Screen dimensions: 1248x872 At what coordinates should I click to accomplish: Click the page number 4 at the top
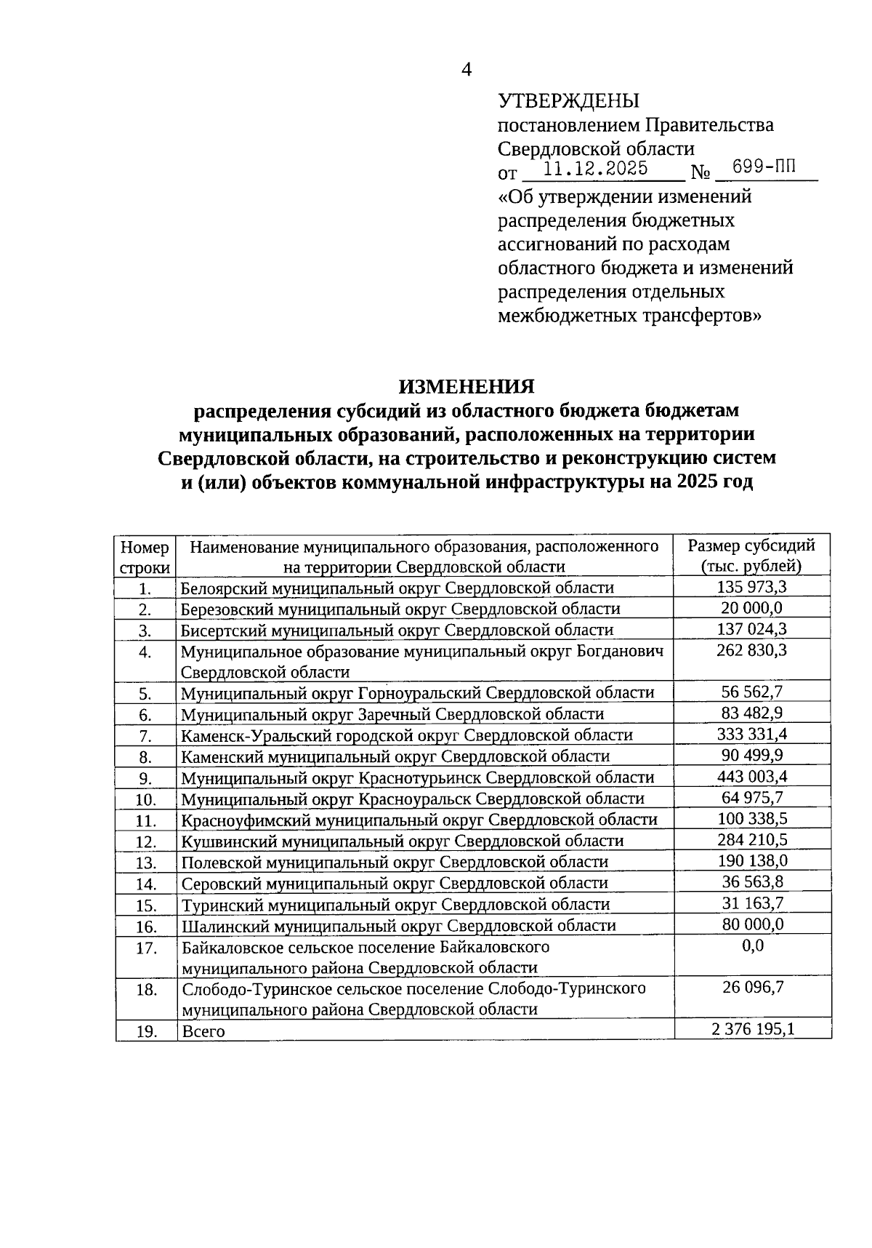[x=467, y=70]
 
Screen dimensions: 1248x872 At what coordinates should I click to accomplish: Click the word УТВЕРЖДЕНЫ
[x=568, y=100]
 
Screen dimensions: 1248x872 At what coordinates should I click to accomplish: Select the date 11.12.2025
[x=596, y=169]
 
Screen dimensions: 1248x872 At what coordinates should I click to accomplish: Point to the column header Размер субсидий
[x=751, y=545]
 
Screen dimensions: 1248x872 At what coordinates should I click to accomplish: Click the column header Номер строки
[x=145, y=557]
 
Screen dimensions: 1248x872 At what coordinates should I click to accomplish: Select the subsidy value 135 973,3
[x=751, y=587]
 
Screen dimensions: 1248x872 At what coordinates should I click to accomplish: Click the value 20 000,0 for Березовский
[x=751, y=608]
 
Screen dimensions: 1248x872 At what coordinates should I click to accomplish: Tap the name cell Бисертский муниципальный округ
[x=397, y=630]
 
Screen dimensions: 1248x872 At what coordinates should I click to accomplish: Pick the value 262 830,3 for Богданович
[x=751, y=650]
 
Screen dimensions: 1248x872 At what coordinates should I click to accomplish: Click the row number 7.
[x=145, y=736]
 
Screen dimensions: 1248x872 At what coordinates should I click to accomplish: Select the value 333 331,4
[x=751, y=734]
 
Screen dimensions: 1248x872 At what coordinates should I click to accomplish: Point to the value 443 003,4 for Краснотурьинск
[x=751, y=776]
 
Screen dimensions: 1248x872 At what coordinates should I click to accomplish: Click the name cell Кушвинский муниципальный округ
[x=402, y=841]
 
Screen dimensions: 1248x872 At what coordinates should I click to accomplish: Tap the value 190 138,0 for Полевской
[x=751, y=861]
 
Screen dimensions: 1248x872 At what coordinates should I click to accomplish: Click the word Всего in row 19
[x=203, y=1031]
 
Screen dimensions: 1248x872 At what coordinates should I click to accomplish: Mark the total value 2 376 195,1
[x=751, y=1029]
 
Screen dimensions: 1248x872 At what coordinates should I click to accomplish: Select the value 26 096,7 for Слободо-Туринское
[x=751, y=988]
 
